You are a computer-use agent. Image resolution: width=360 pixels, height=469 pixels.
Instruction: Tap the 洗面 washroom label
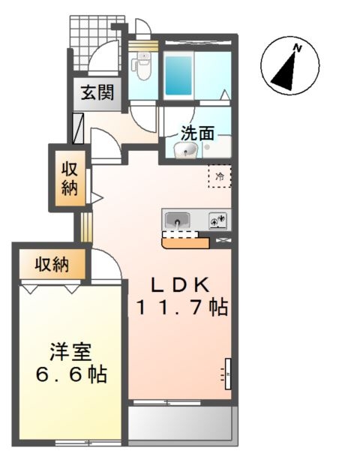pyautogui.click(x=197, y=134)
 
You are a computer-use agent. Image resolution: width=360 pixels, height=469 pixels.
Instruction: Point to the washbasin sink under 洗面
pyautogui.click(x=185, y=151)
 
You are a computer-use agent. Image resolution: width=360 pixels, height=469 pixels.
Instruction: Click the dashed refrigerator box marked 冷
pyautogui.click(x=220, y=177)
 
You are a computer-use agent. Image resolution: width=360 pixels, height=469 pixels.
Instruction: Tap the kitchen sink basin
pyautogui.click(x=176, y=221)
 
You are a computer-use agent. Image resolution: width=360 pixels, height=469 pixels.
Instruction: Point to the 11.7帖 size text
pyautogui.click(x=181, y=308)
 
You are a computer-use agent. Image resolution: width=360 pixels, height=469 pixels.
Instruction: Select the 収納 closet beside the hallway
pyautogui.click(x=69, y=179)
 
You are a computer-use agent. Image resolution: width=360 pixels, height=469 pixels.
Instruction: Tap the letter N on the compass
pyautogui.click(x=298, y=49)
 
